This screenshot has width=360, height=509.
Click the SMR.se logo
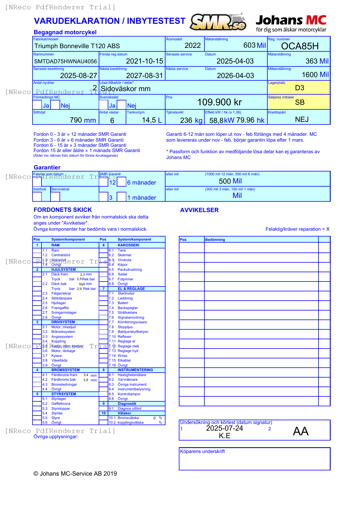[218, 22]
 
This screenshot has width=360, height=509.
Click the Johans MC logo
[291, 23]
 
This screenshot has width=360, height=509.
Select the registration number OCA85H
[300, 46]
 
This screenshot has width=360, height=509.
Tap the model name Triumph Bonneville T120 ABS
[77, 46]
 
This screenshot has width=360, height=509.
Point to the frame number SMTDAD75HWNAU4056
[65, 61]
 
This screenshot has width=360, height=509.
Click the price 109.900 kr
[219, 102]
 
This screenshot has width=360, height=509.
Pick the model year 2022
[192, 46]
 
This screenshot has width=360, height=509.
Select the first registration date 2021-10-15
[144, 61]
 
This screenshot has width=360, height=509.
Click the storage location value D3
[299, 88]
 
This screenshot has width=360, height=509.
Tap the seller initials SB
[300, 102]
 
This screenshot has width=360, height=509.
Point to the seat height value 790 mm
[83, 120]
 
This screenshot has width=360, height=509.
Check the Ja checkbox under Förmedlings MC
[37, 105]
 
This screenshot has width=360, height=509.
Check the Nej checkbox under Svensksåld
[121, 105]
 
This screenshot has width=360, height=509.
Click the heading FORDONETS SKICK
[63, 210]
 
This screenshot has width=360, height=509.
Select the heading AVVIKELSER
[199, 210]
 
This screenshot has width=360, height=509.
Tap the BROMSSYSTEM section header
[65, 370]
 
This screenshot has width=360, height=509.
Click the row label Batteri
[123, 303]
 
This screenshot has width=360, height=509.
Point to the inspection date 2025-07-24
[224, 428]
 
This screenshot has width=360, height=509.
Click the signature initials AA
[300, 431]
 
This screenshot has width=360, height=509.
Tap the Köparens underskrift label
[202, 451]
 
